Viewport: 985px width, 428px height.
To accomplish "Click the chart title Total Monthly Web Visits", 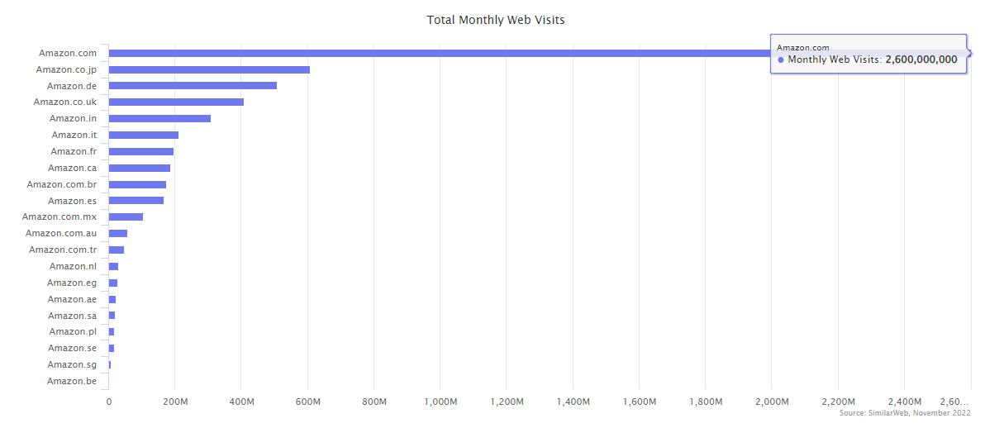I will [496, 19].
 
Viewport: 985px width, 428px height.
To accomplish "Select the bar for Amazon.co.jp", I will [209, 69].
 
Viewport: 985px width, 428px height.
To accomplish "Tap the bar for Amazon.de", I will [193, 85].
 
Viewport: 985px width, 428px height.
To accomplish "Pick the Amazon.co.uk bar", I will [176, 102].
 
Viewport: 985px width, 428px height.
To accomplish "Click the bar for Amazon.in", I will [159, 118].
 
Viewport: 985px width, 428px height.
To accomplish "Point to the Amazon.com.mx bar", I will [126, 216].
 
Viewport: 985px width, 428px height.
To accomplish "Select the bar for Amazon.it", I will [144, 135].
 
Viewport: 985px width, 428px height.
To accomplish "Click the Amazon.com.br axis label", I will [61, 184].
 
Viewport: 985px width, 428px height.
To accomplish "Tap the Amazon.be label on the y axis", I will [72, 381].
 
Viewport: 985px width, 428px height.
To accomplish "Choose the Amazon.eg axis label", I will [72, 283].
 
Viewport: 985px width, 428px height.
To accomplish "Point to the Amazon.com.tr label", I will [63, 250].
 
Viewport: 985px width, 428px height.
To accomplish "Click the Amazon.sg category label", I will [72, 364].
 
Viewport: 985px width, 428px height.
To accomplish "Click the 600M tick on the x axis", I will [307, 402].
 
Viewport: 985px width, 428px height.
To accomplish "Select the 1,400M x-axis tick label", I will [573, 402].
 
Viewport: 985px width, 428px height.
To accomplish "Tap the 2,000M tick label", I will [772, 402].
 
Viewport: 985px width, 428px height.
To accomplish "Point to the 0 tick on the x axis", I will [109, 402].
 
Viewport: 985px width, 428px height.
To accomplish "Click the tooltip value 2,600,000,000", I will [921, 59].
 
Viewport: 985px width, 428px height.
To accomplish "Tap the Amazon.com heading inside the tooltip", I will [802, 48].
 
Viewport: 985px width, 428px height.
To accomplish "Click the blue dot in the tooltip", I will [781, 59].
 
